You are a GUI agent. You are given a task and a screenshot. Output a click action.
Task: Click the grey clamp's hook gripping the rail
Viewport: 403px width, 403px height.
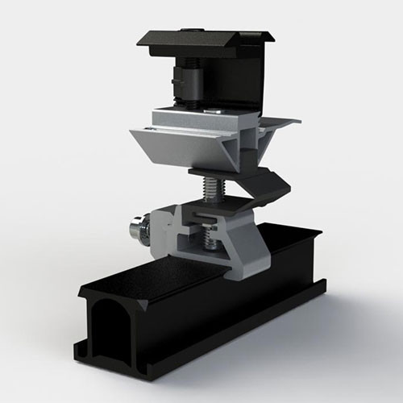(242, 266)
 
